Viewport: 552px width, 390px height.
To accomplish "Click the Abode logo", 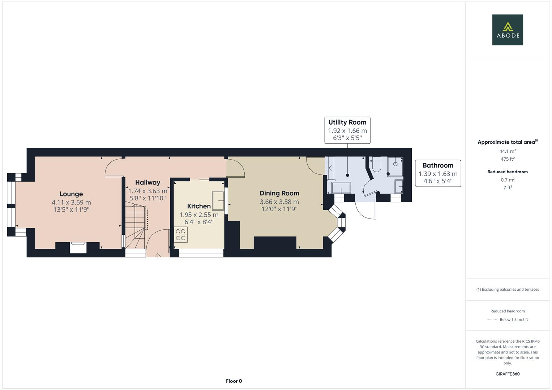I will coord(507,30).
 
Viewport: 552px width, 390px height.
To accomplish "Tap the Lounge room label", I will coord(71,194).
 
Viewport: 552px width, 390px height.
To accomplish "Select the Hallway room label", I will coord(147,182).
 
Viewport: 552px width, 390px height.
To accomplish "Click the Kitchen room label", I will coord(199,206).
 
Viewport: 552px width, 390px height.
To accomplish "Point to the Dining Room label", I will coord(279,193).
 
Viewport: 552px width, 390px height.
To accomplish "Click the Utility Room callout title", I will coord(347,122).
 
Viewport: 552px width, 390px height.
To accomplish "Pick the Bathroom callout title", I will coord(438,165).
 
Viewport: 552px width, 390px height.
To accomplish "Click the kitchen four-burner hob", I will coord(181,234).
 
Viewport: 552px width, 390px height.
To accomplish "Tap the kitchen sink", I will coord(218,200).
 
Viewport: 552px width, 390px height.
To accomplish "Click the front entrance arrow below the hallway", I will coord(158,256).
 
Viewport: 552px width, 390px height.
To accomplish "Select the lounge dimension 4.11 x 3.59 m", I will coord(71,203).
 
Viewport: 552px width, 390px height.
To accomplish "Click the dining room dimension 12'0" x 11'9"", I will coord(279,209).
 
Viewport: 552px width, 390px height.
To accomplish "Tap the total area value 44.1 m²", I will coord(507,151).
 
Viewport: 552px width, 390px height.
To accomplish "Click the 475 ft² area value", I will coord(507,159).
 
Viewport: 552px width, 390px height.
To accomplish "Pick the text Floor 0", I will coord(234,381).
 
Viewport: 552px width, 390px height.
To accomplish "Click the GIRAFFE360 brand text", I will coord(507,374).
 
